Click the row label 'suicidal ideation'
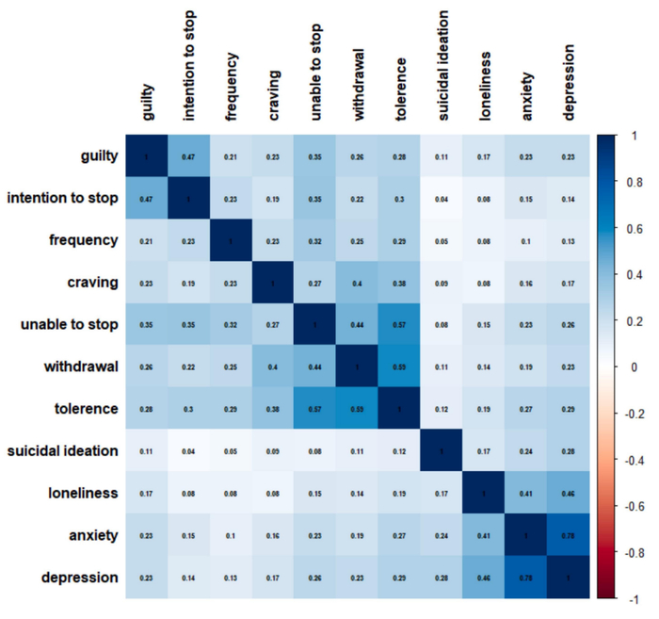tap(63, 450)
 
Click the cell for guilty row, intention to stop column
tap(189, 156)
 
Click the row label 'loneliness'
tap(83, 493)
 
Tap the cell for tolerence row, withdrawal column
tap(358, 409)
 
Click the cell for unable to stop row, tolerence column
tap(400, 325)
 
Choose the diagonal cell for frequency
tap(232, 240)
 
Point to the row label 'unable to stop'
tap(70, 325)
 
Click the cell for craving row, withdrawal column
tap(358, 283)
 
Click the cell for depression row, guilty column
tap(147, 578)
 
